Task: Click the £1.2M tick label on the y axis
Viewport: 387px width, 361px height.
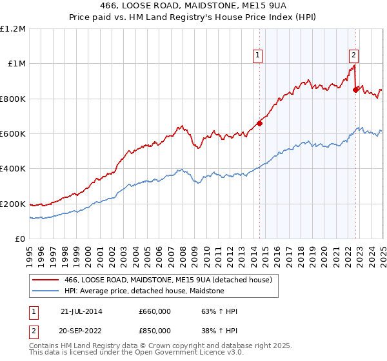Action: pyautogui.click(x=13, y=29)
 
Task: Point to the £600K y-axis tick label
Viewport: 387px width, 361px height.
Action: pyautogui.click(x=13, y=134)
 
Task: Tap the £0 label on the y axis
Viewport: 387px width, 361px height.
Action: pyautogui.click(x=21, y=239)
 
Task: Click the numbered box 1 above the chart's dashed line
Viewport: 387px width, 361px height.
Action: pyautogui.click(x=258, y=55)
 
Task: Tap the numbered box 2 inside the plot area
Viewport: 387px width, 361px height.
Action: pyautogui.click(x=354, y=55)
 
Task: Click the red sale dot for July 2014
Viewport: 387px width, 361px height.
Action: pyautogui.click(x=259, y=123)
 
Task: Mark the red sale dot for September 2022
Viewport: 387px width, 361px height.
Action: pyautogui.click(x=355, y=90)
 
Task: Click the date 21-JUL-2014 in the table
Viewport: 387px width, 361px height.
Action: pyautogui.click(x=81, y=311)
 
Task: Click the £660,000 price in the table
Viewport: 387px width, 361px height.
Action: pyautogui.click(x=154, y=311)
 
